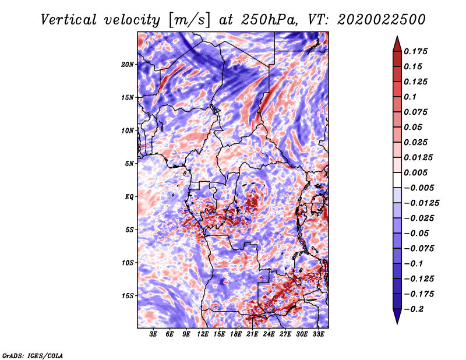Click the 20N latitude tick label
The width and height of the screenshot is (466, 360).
128,64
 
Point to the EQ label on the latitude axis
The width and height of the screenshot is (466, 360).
129,197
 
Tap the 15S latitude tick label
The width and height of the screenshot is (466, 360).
128,296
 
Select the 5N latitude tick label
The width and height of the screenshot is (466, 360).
129,164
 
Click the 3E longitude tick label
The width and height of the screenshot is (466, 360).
154,334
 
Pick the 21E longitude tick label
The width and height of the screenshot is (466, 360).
252,334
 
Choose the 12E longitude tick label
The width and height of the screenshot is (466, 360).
203,334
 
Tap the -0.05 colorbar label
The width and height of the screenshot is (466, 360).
416,233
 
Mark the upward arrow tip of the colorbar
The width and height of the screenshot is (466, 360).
396,38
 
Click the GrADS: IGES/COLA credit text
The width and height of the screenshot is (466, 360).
32,355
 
